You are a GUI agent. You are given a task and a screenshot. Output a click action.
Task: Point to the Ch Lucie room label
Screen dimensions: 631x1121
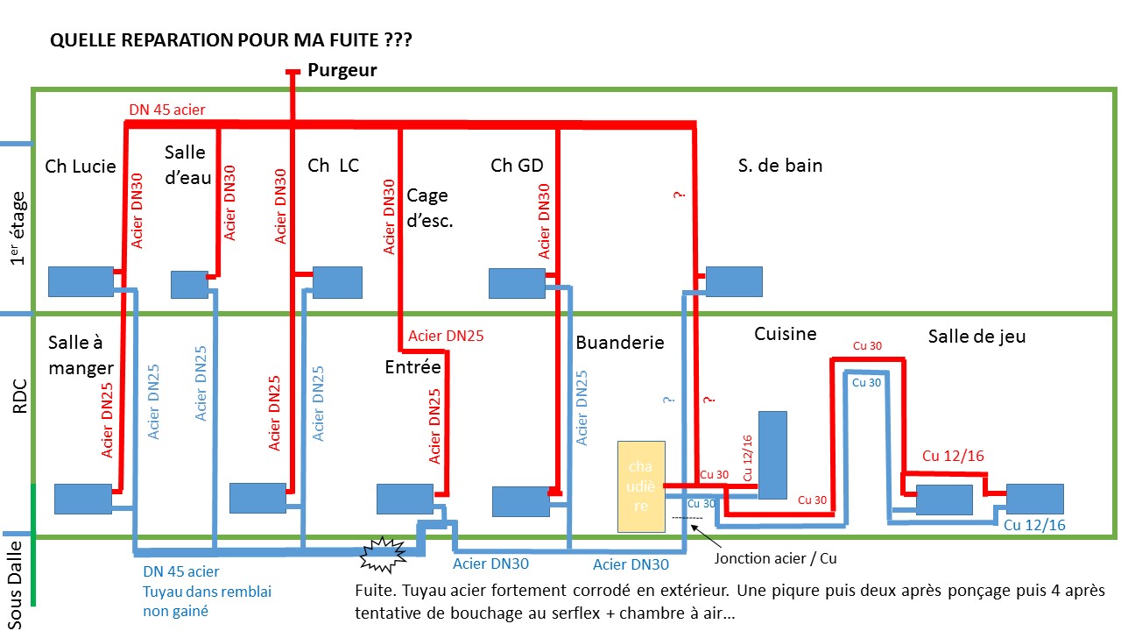coord(81,167)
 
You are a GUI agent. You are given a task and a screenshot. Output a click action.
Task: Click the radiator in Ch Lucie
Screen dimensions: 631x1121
coord(81,281)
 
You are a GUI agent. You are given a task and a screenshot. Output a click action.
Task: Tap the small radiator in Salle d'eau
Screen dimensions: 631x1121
coord(188,284)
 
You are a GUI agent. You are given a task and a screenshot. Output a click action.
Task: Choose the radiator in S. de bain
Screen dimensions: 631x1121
coord(734,281)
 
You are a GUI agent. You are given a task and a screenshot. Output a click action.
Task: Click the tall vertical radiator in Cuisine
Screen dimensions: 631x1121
coord(772,455)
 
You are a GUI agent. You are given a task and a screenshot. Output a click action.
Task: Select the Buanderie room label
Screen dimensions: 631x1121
coord(620,342)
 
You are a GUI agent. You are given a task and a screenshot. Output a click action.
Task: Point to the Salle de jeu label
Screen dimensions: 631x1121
coord(976,336)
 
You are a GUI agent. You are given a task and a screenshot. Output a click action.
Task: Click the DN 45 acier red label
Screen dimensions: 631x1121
coord(167,110)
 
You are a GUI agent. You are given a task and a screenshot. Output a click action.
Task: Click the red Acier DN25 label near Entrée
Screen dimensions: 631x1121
coord(446,335)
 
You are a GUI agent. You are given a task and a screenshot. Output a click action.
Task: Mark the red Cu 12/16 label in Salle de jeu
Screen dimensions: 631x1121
coord(954,456)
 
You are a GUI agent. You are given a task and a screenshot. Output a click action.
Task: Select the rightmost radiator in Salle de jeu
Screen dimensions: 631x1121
coord(1034,499)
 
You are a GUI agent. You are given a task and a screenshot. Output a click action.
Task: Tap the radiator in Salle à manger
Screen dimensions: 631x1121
coord(83,499)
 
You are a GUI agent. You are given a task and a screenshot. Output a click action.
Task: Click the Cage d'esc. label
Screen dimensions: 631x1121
coord(429,209)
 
